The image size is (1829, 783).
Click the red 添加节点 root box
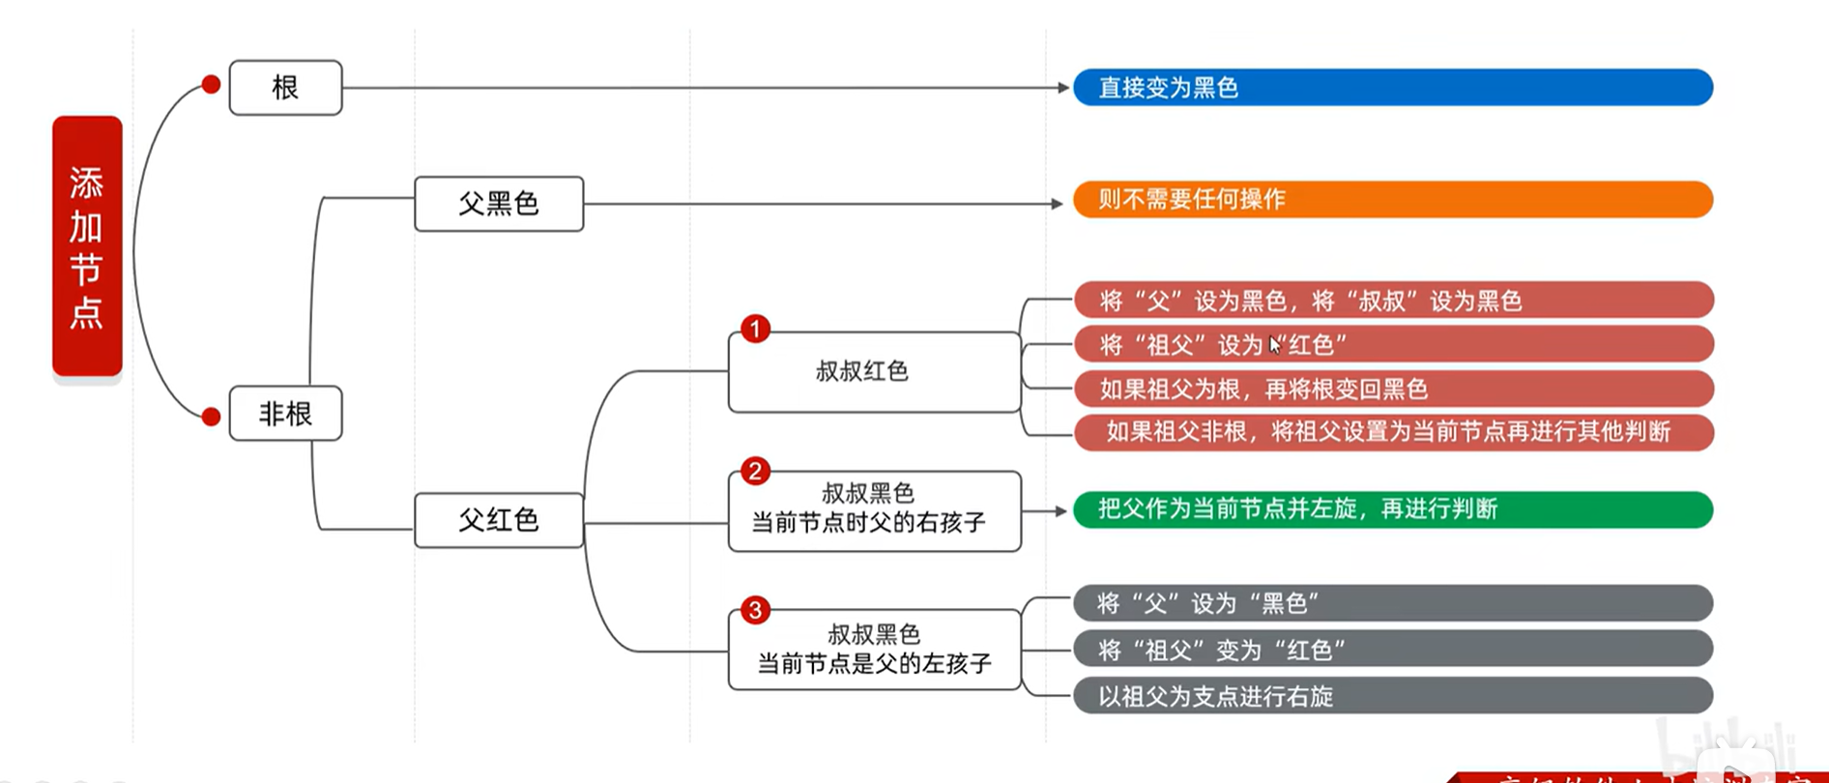pyautogui.click(x=87, y=246)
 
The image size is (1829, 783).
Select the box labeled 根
pyautogui.click(x=285, y=88)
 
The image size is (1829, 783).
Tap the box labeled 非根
pyautogui.click(x=285, y=414)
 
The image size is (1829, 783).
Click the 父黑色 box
pyautogui.click(x=499, y=204)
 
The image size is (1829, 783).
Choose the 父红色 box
pyautogui.click(x=499, y=520)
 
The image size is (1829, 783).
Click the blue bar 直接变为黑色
pyautogui.click(x=1392, y=88)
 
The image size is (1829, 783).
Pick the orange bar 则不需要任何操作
pyautogui.click(x=1392, y=199)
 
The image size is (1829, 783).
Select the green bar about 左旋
pyautogui.click(x=1392, y=509)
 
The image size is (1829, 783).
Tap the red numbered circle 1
pyautogui.click(x=755, y=329)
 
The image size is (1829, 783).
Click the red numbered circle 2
pyautogui.click(x=755, y=471)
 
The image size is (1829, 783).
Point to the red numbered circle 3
pyautogui.click(x=755, y=610)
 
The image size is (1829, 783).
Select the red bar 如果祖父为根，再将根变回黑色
pyautogui.click(x=1392, y=389)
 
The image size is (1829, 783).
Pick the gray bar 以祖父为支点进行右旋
pyautogui.click(x=1392, y=696)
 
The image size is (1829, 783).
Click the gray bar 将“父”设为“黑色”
pyautogui.click(x=1392, y=603)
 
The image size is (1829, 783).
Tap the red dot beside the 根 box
pyautogui.click(x=211, y=85)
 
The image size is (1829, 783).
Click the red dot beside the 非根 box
pyautogui.click(x=211, y=417)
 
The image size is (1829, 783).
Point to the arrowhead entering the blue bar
pyautogui.click(x=1063, y=88)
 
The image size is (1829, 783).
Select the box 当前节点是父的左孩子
pyautogui.click(x=874, y=650)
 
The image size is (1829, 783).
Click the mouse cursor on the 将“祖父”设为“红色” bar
pyautogui.click(x=1275, y=345)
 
